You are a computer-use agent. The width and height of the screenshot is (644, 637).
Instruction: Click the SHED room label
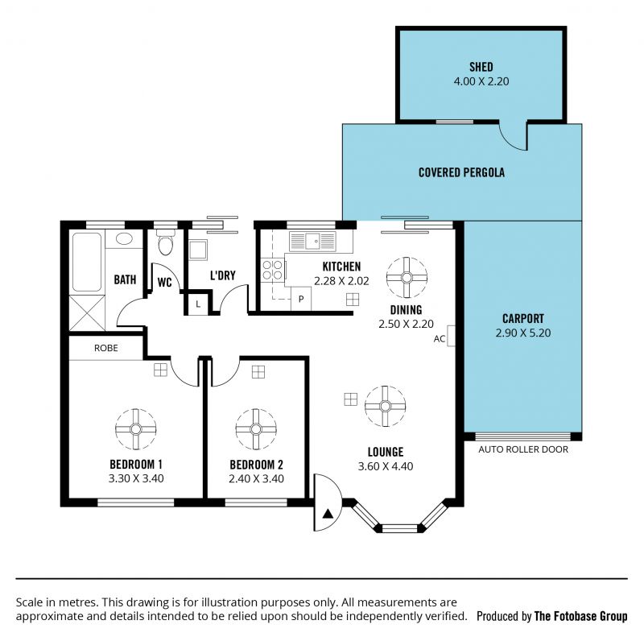[x=481, y=67]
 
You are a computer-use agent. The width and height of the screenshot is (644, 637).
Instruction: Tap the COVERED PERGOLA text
[x=461, y=172]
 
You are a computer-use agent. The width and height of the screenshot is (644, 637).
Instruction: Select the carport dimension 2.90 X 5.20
[x=522, y=333]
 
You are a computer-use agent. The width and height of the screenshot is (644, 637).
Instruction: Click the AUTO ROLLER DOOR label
[x=522, y=449]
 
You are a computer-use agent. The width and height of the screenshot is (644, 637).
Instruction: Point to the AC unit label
[x=439, y=339]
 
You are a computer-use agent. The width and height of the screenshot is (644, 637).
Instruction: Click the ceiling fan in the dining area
[x=407, y=277]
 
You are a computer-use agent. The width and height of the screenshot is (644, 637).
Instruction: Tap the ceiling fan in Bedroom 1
[x=135, y=429]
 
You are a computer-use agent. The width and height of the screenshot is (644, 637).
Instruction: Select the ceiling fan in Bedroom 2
[x=256, y=429]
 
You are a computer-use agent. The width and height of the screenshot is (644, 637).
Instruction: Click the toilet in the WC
[x=166, y=242]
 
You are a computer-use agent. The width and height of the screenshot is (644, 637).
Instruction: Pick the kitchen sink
[x=312, y=241]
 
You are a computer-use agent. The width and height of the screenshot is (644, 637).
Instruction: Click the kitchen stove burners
[x=272, y=270]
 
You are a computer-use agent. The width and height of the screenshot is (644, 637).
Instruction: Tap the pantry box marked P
[x=301, y=299]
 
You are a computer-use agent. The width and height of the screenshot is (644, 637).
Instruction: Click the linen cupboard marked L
[x=198, y=304]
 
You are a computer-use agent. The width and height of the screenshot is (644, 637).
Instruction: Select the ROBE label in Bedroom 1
[x=106, y=348]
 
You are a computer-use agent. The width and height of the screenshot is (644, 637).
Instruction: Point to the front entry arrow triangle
[x=328, y=513]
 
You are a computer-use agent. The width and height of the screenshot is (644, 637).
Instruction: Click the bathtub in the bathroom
[x=87, y=262]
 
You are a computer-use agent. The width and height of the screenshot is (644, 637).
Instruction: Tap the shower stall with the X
[x=87, y=312]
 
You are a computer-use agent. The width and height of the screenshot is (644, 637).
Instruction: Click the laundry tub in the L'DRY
[x=198, y=250]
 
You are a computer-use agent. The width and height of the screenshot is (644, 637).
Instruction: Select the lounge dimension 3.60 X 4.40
[x=386, y=466]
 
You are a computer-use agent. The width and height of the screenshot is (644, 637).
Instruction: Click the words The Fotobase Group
[x=580, y=616]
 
